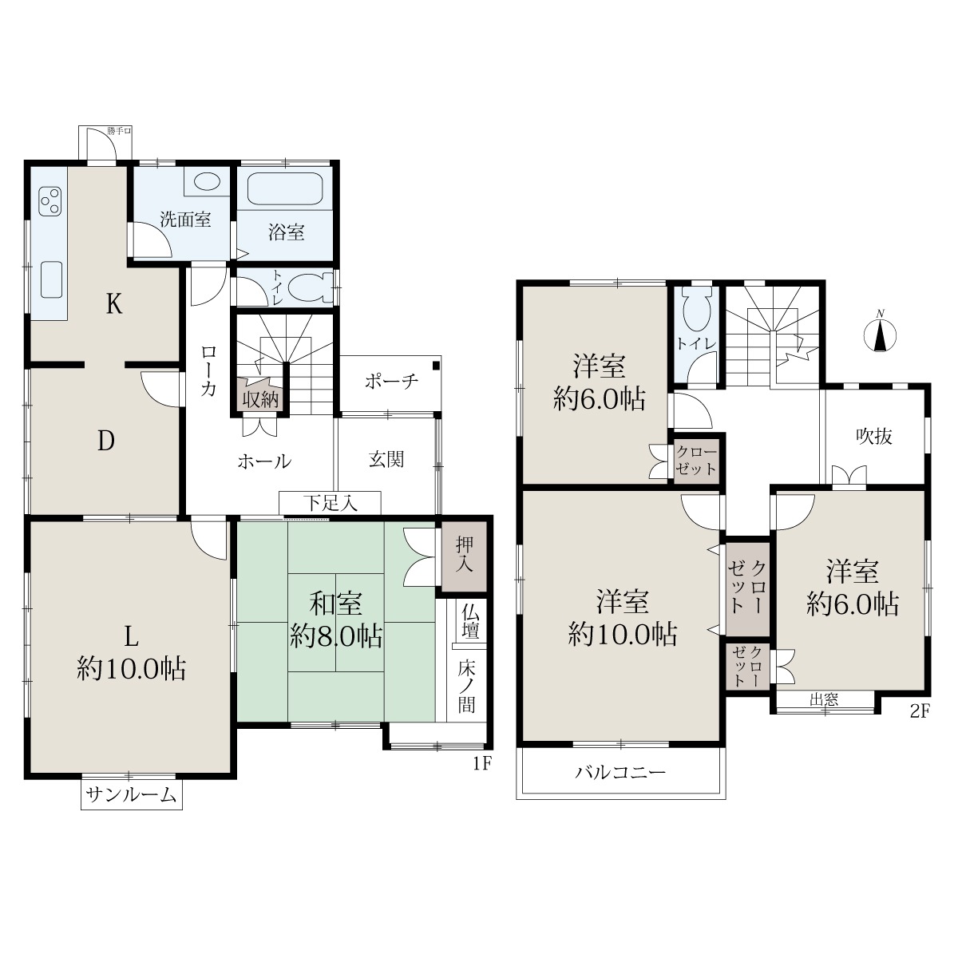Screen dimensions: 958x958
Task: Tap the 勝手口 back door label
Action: click(119, 131)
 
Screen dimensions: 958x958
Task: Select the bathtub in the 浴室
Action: click(285, 188)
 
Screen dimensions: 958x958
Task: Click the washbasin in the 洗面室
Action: click(207, 181)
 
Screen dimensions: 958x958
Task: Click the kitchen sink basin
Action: click(51, 279)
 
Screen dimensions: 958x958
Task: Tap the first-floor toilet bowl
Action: click(311, 287)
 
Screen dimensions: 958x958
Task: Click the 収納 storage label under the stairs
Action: click(260, 399)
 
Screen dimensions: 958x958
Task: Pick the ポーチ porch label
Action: click(392, 382)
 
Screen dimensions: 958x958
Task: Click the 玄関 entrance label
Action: click(386, 459)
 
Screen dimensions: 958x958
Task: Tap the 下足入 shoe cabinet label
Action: click(331, 503)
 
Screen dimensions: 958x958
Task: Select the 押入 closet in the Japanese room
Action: click(465, 556)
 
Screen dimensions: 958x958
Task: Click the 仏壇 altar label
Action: click(470, 620)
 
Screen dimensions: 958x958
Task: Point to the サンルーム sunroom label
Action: click(131, 795)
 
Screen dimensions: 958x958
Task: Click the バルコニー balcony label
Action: click(621, 772)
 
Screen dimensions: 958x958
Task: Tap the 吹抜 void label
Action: click(874, 436)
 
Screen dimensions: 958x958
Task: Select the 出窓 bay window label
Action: click(824, 699)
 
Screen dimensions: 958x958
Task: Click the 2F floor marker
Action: click(920, 712)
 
